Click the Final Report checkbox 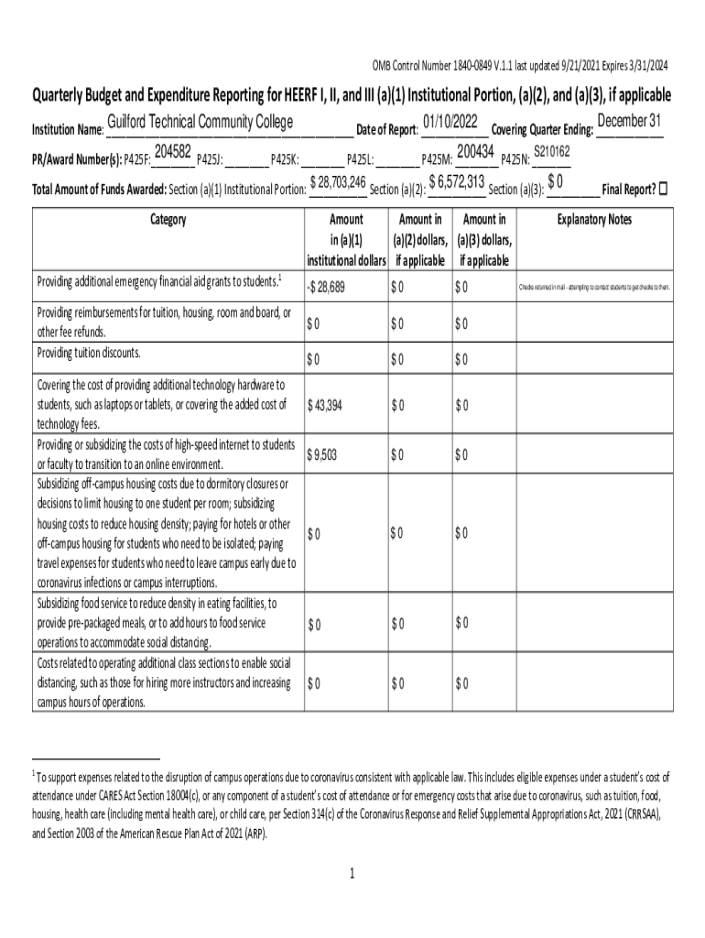pyautogui.click(x=664, y=189)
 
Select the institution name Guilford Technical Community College pyautogui.click(x=200, y=123)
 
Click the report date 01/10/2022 pyautogui.click(x=450, y=122)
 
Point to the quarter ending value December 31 pyautogui.click(x=629, y=122)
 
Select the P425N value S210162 pyautogui.click(x=552, y=151)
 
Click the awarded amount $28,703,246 pyautogui.click(x=339, y=182)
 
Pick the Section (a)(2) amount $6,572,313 pyautogui.click(x=456, y=182)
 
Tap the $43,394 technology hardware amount pyautogui.click(x=325, y=406)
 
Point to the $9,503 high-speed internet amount pyautogui.click(x=322, y=454)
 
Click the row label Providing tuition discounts pyautogui.click(x=89, y=353)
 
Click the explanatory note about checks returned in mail pyautogui.click(x=595, y=288)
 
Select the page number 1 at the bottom pyautogui.click(x=352, y=873)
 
